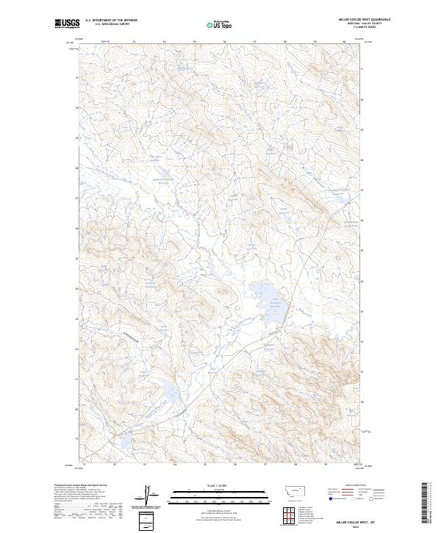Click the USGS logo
tap(67, 24)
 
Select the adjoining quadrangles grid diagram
tap(287, 515)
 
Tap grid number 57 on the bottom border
tap(265, 464)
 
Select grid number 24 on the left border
tap(76, 288)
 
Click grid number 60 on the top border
tap(345, 42)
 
